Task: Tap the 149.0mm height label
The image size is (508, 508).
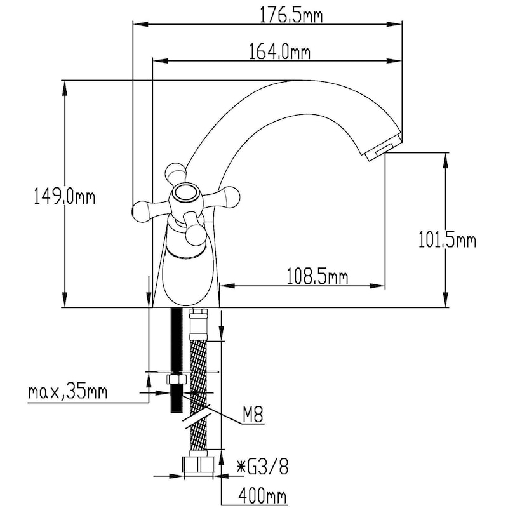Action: click(63, 197)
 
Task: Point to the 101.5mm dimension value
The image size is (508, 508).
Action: click(447, 241)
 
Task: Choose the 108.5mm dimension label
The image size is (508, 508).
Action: click(317, 276)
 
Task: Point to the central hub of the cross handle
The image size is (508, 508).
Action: click(186, 194)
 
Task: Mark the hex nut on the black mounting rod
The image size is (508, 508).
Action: click(175, 380)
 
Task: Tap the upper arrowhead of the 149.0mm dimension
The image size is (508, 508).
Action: click(64, 86)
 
